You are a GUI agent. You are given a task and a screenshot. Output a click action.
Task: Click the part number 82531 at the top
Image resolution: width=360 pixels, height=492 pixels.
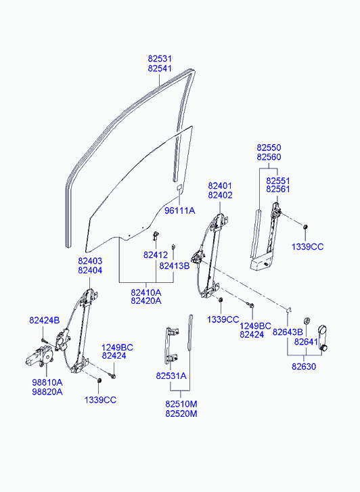[160, 59]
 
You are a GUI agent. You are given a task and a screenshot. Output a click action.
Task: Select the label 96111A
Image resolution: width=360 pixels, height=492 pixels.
[180, 210]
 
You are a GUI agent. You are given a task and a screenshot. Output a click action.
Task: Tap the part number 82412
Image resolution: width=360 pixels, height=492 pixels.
[156, 255]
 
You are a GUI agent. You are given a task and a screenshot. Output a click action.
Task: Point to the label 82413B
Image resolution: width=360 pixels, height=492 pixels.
[175, 266]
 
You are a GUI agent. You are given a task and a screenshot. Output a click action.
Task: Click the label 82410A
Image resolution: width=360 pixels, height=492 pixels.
[146, 292]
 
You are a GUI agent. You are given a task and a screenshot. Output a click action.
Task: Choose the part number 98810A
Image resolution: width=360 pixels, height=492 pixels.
[47, 382]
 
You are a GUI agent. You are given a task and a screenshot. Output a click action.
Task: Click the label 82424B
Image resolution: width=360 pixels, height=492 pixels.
[44, 320]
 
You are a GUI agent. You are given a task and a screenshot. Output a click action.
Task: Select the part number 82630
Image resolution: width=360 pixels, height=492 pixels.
[304, 367]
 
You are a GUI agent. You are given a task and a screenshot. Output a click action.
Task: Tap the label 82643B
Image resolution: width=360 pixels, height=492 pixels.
[288, 332]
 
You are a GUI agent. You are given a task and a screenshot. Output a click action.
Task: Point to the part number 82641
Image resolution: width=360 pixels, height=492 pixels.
[306, 342]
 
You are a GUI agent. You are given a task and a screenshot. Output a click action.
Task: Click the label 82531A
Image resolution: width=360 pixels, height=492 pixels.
[171, 376]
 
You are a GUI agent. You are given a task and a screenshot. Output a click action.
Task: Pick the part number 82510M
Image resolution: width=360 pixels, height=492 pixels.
[181, 404]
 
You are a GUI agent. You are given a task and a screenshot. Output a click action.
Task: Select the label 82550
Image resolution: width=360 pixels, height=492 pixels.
[269, 148]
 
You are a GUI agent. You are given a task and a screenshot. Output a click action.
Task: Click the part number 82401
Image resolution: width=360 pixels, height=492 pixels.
[221, 185]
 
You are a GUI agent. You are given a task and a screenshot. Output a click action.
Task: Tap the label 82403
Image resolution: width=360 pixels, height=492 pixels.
[90, 261]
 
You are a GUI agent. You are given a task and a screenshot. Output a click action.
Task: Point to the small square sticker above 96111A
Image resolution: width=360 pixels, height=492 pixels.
[179, 187]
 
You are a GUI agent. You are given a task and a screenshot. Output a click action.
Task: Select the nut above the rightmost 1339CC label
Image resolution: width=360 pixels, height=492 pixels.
[305, 227]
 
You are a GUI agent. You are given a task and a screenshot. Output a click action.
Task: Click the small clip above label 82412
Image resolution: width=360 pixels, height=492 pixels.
[156, 236]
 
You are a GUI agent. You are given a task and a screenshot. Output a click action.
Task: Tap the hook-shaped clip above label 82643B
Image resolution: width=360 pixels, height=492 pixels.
[290, 310]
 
